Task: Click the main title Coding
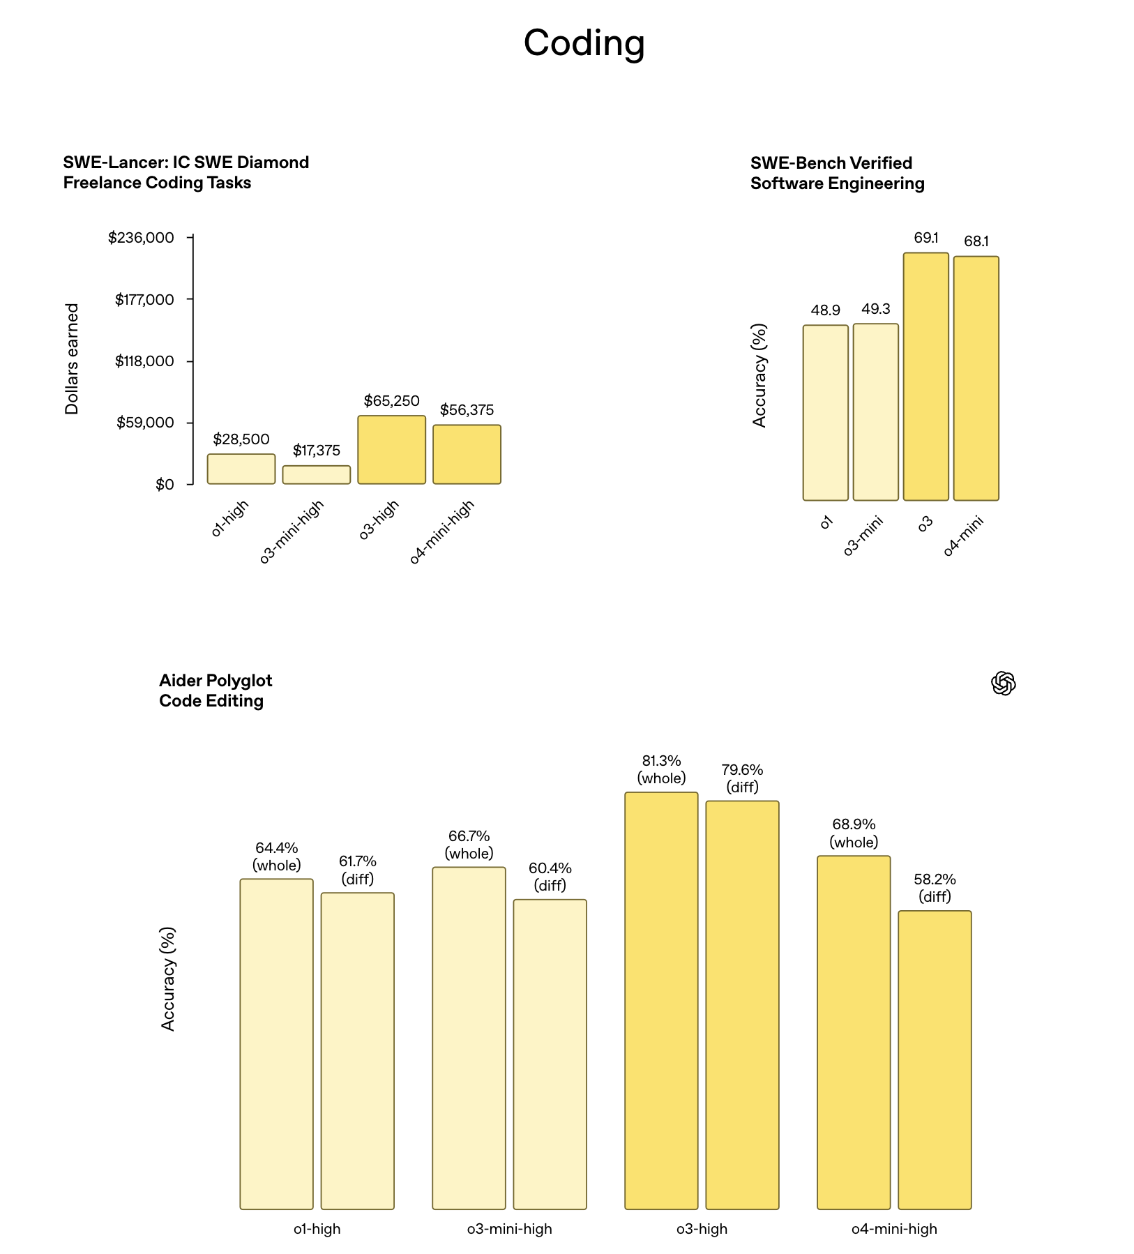pos(584,43)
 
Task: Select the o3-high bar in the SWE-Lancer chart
pos(391,450)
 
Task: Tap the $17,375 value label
pos(317,451)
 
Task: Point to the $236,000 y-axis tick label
pos(141,238)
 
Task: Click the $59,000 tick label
pos(145,423)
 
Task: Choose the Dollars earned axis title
pos(72,359)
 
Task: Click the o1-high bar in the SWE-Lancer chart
pos(241,469)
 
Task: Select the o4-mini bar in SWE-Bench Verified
pos(976,378)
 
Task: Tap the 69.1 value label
pos(926,238)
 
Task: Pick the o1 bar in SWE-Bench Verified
pos(825,412)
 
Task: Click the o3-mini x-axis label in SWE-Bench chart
pos(863,536)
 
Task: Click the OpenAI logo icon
pos(1003,683)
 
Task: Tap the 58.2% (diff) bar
pos(935,1059)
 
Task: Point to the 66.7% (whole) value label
pos(469,845)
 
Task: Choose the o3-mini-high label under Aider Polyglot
pos(509,1229)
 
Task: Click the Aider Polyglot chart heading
pos(216,690)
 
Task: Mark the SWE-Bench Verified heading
pos(837,173)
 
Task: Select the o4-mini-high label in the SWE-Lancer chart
pos(441,532)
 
